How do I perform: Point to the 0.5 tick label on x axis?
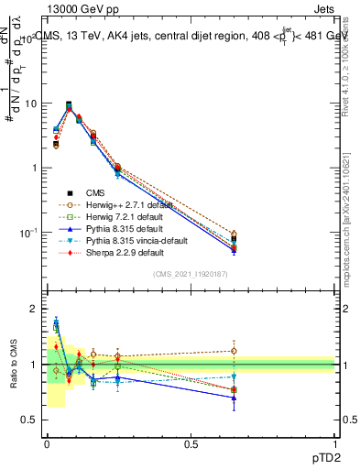tap(191, 443)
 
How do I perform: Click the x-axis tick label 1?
tap(335, 443)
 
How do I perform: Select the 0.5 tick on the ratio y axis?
tap(29, 420)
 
